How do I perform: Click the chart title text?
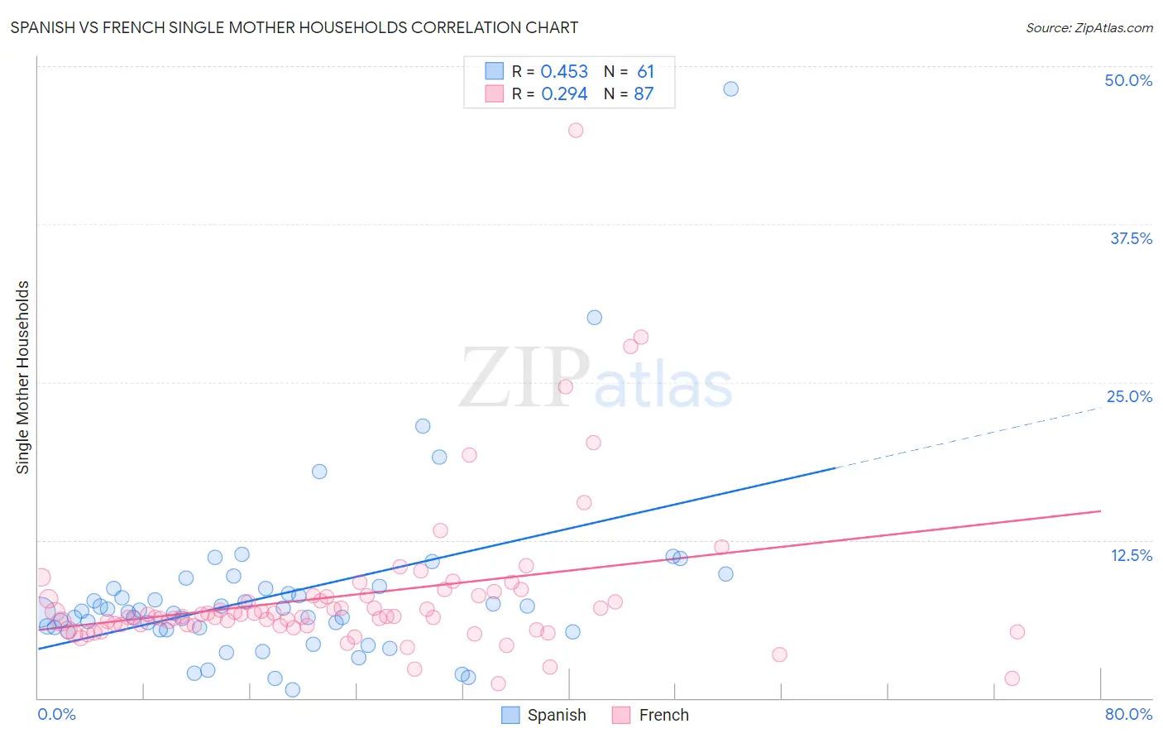click(294, 27)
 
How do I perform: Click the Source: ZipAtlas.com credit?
click(1089, 27)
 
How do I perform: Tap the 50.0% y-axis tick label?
click(1128, 80)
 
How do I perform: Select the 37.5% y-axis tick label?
click(1131, 238)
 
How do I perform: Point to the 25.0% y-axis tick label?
click(1129, 396)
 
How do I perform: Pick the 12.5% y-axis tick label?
click(1131, 555)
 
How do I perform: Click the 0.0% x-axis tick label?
click(56, 714)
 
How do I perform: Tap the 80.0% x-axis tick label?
click(1128, 714)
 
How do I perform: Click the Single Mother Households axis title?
click(23, 377)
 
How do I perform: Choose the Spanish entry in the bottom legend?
click(556, 715)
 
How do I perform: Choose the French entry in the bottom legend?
click(663, 715)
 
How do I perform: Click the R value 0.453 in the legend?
click(564, 72)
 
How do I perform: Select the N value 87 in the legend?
click(644, 94)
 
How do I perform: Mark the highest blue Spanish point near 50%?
click(730, 89)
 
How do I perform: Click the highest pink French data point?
click(576, 130)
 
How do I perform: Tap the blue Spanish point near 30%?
click(594, 318)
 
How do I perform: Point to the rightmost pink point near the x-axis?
click(1012, 678)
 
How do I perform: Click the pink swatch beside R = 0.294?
click(494, 93)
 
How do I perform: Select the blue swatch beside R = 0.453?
click(494, 71)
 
